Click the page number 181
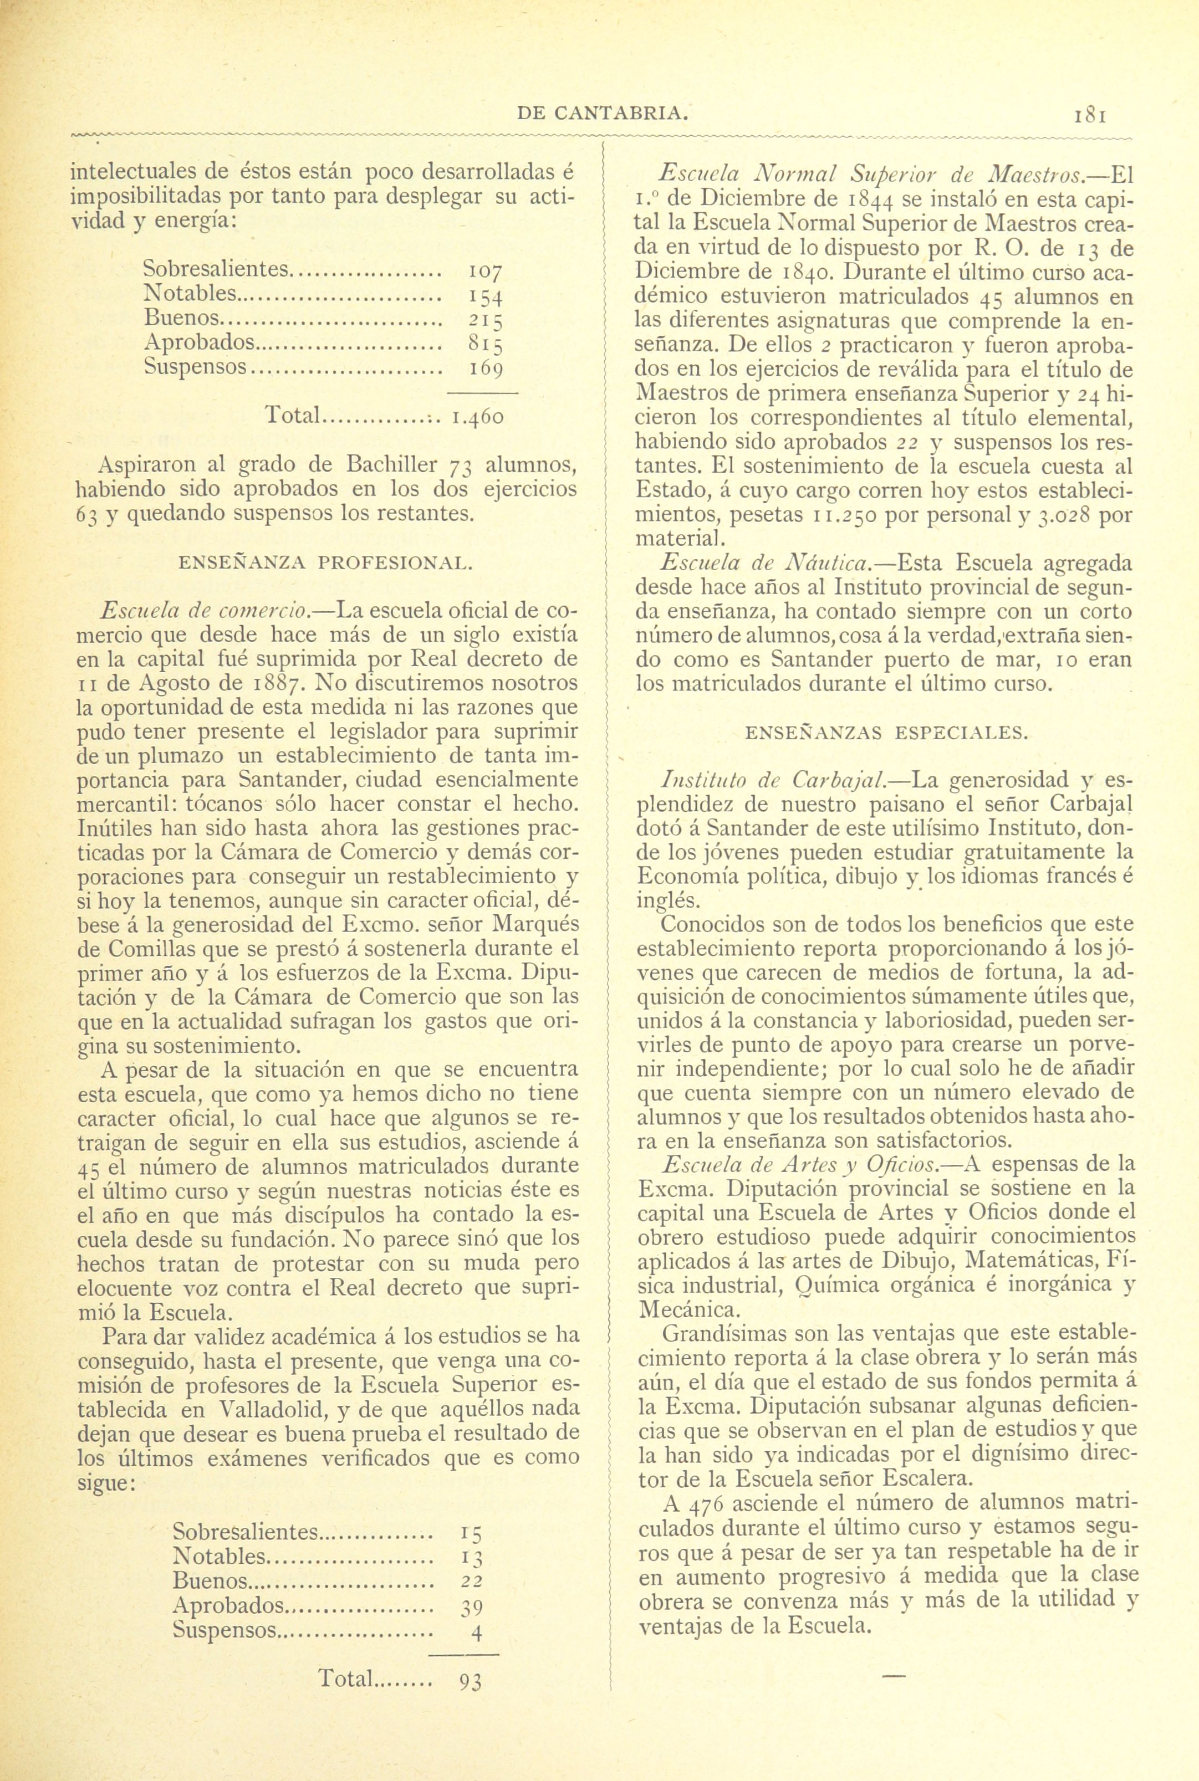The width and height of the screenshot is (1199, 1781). click(1092, 115)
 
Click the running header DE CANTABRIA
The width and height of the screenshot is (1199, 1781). click(603, 114)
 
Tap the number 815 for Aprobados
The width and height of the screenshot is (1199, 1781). click(485, 345)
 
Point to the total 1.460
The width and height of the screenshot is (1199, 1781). click(477, 418)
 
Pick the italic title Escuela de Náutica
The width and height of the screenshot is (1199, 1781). click(766, 564)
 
